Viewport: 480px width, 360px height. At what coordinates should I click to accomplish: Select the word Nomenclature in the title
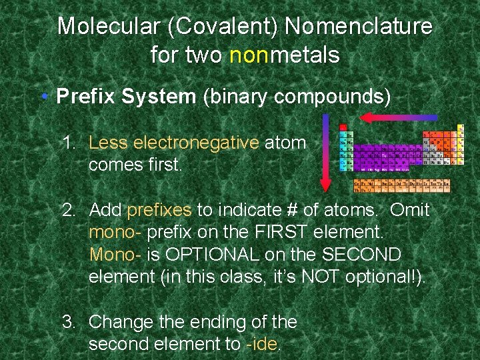tap(358, 27)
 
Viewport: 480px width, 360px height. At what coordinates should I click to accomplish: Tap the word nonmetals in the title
tap(284, 55)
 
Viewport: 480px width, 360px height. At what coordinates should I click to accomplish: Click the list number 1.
tap(68, 142)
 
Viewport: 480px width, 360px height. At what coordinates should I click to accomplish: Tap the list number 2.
tap(68, 211)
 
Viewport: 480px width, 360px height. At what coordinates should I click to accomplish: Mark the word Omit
tap(410, 211)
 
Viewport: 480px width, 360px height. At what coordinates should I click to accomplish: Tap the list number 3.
tap(68, 322)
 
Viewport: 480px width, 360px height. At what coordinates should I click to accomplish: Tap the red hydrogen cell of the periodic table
tap(343, 127)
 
